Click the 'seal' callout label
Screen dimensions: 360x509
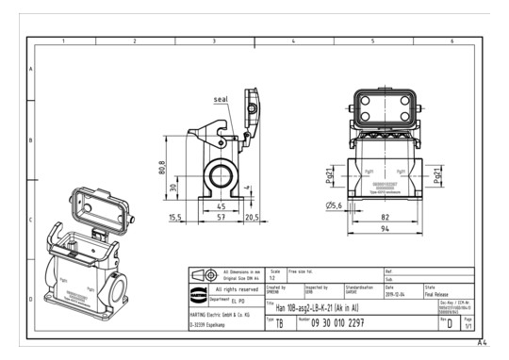[221, 97]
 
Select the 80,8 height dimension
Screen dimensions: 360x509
[162, 167]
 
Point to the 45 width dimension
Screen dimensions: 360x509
[221, 205]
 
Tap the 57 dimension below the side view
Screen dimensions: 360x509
[221, 217]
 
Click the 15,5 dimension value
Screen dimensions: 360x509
[175, 217]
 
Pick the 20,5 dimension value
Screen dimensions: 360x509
[252, 217]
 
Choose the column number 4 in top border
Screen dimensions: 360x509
[294, 42]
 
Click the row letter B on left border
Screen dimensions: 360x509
[31, 140]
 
